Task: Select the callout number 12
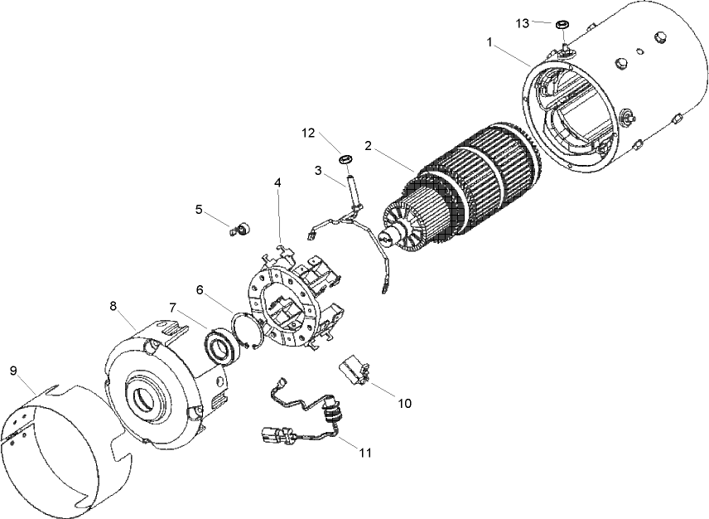308,133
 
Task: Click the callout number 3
318,170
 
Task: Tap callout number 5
199,209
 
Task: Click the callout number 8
113,305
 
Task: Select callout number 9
13,370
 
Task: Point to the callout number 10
404,404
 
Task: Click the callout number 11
364,453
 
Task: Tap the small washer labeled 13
562,24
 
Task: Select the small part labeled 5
240,227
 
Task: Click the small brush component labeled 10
357,371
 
